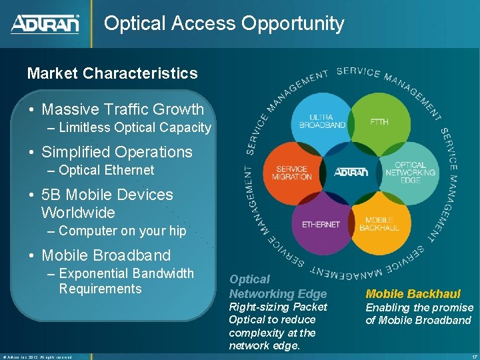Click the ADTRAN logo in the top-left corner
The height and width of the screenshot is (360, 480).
pos(45,24)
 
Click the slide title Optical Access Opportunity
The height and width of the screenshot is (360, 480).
pos(224,24)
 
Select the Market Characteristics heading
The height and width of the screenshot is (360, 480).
pos(112,73)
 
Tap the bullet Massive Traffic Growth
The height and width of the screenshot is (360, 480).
pos(123,109)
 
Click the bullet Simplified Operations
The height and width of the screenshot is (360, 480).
pos(117,152)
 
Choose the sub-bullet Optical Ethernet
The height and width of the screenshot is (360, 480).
pos(106,170)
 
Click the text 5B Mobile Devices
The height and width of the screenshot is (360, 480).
pos(107,195)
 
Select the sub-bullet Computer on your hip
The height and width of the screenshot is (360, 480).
pos(122,231)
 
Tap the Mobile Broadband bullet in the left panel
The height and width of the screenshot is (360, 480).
pos(106,255)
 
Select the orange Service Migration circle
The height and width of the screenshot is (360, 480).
pos(291,173)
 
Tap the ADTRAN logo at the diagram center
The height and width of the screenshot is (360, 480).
pos(350,172)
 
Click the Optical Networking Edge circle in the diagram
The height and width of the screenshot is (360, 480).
pos(410,173)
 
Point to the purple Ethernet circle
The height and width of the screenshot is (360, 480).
pos(321,225)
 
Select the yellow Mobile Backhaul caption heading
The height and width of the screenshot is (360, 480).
pos(413,294)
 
